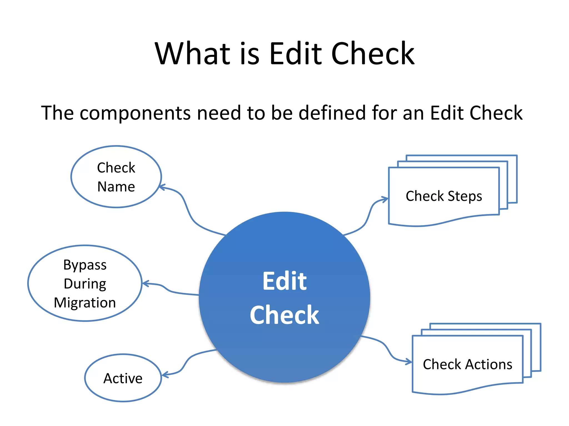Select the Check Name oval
click(x=116, y=177)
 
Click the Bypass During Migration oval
click(x=85, y=283)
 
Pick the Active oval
click(x=123, y=378)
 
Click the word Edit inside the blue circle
click(x=284, y=281)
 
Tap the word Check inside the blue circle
click(x=284, y=315)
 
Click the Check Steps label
click(x=444, y=196)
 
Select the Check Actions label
click(x=467, y=364)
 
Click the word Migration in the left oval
click(x=85, y=303)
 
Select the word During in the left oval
click(x=85, y=284)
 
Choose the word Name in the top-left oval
click(x=116, y=187)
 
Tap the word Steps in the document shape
click(x=465, y=196)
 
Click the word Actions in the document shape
click(x=489, y=364)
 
